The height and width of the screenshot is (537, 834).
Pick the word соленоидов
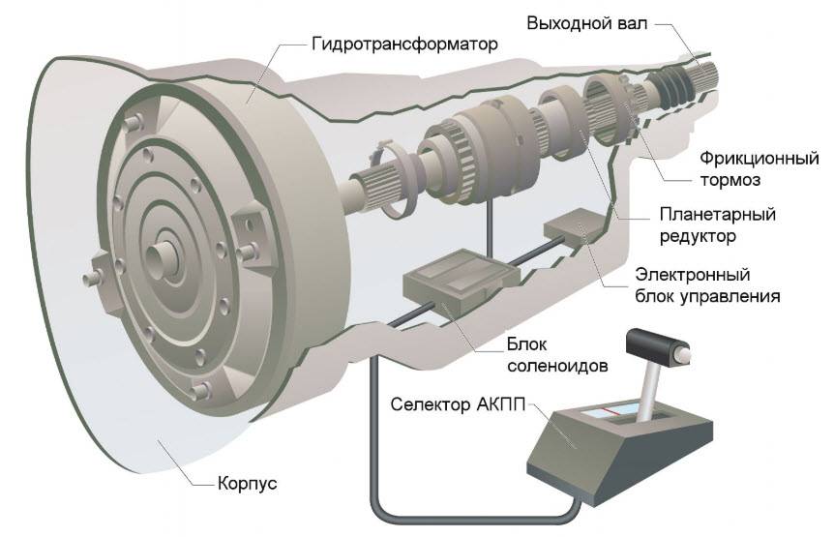tap(562, 365)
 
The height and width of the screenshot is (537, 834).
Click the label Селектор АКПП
tap(457, 403)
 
